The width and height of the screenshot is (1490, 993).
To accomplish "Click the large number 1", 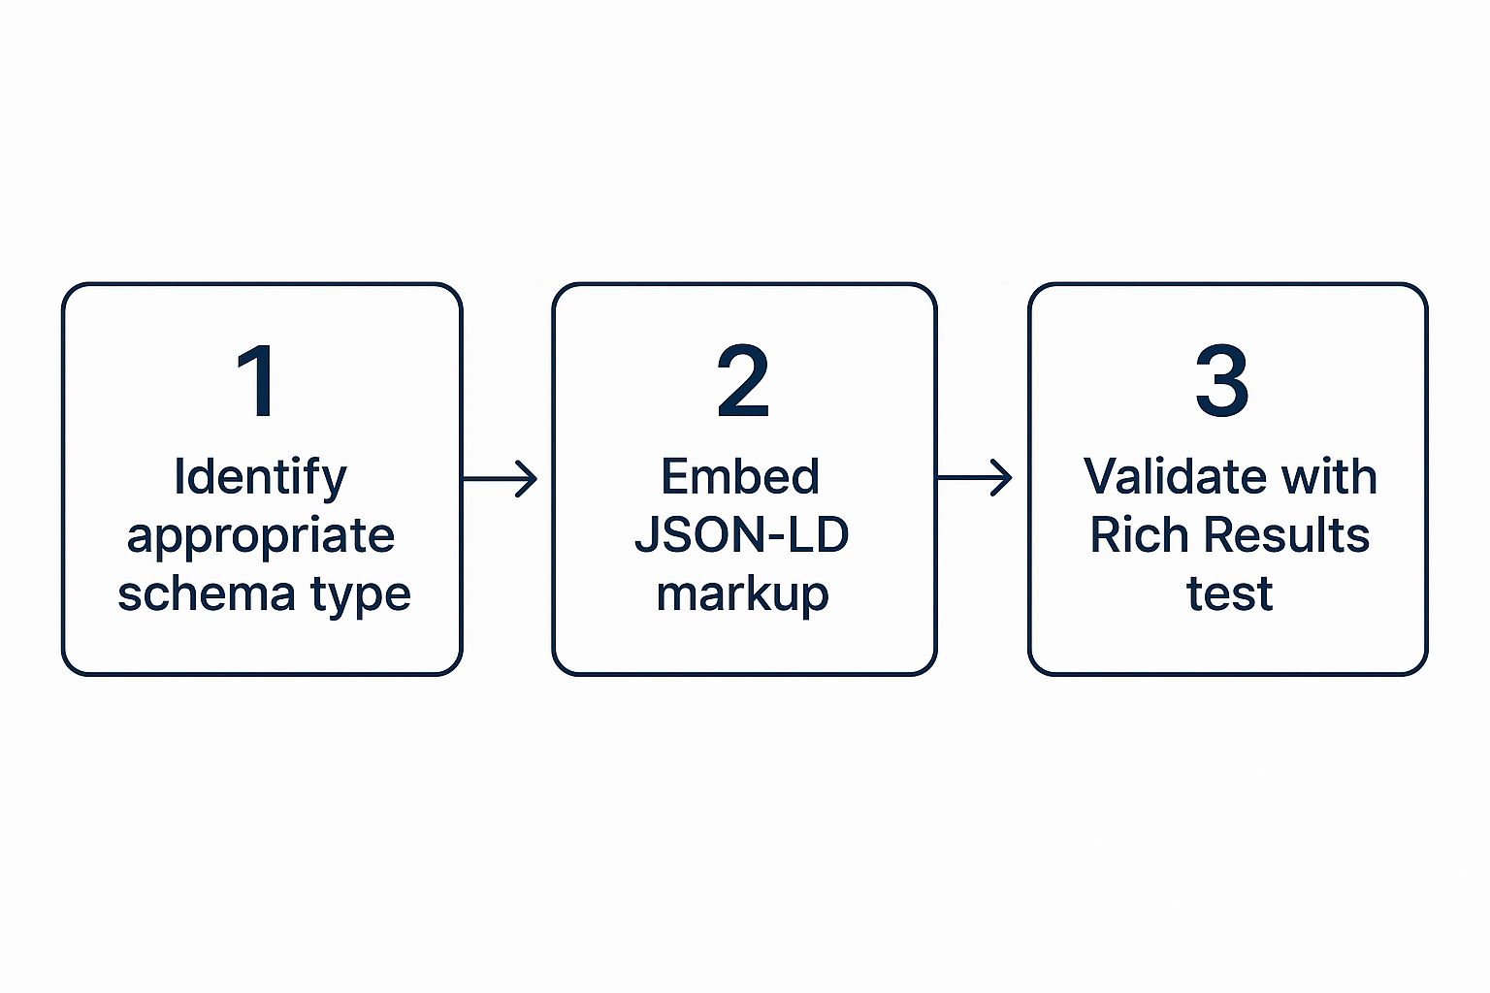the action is point(257,380).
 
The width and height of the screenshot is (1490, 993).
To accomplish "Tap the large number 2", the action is point(743,380).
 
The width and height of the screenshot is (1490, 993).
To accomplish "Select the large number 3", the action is point(1222,380).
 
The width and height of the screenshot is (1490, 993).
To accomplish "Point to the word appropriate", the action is point(261,537).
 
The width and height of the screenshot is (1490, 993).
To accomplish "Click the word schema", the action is point(207,593).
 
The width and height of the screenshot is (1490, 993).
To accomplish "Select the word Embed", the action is point(740,476).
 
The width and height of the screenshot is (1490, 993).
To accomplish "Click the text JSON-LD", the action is point(742,534).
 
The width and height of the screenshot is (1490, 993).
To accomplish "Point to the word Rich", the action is point(1139,534).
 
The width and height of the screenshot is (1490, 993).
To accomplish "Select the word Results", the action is point(1286,534).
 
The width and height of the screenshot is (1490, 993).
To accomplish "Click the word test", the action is point(1229,593).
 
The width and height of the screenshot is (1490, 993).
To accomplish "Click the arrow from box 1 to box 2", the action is point(500,478).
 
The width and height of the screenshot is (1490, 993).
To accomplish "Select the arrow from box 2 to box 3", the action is point(975,477).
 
